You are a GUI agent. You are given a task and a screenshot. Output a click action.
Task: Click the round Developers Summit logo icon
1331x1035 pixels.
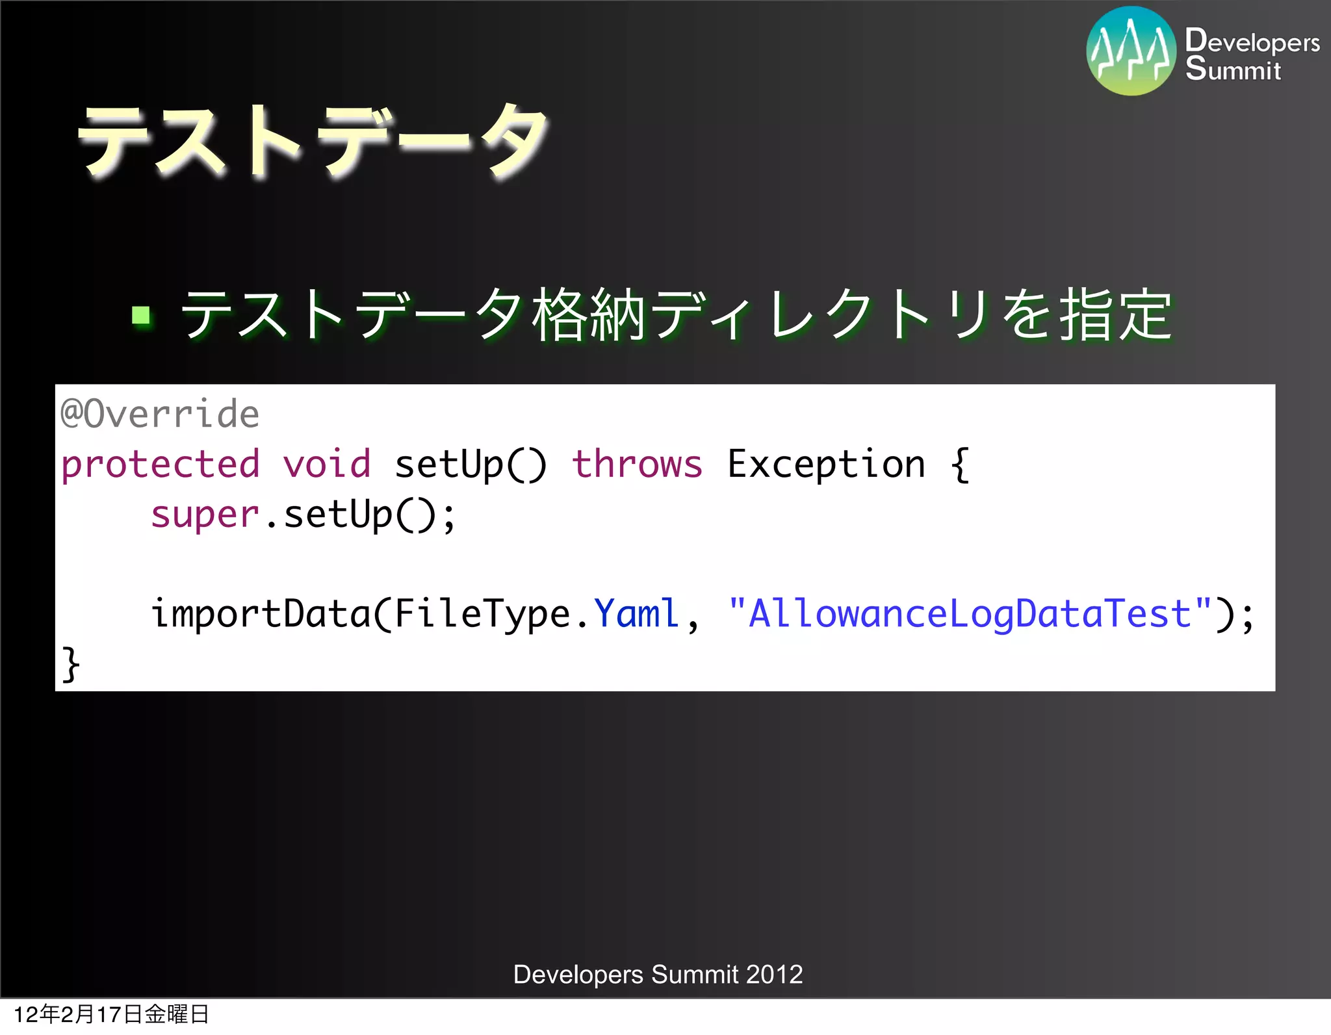tap(1131, 51)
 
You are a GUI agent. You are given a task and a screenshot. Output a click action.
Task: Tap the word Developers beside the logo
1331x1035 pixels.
tap(1252, 42)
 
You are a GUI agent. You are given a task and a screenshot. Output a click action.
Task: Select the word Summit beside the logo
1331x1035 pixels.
tap(1233, 70)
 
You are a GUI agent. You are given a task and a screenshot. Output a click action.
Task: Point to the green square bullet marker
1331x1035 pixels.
tap(141, 316)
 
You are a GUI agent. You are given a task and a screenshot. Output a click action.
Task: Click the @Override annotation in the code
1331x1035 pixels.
tap(160, 414)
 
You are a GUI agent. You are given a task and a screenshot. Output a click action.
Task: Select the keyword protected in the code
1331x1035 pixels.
tap(160, 465)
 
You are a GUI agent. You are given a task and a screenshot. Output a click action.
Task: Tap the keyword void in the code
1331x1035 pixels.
tap(326, 465)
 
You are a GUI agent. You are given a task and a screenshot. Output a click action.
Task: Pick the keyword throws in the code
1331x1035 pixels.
tap(637, 465)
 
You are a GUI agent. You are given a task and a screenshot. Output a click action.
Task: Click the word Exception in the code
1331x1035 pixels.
tap(826, 465)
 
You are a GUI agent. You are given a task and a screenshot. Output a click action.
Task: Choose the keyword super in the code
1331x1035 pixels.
tap(205, 515)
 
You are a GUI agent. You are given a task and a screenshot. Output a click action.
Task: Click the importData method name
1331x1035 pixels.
tap(260, 614)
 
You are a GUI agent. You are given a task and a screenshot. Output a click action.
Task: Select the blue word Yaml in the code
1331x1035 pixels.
tap(636, 614)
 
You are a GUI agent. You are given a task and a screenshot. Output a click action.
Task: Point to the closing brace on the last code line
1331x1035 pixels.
tap(70, 664)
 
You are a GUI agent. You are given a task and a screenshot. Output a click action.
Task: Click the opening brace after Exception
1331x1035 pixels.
tap(960, 465)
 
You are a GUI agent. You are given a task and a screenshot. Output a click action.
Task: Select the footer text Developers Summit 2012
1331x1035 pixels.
tap(658, 975)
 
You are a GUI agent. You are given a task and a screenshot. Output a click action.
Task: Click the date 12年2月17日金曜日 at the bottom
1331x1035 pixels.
tap(111, 1014)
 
